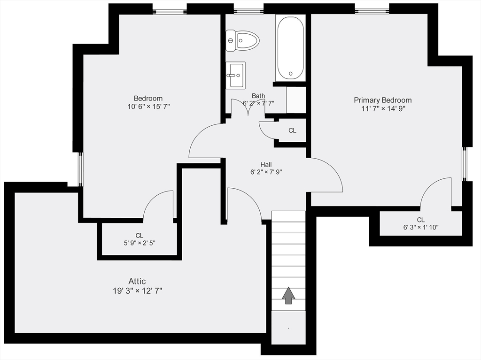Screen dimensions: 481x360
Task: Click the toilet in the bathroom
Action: click(243, 40)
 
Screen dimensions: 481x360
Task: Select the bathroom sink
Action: click(236, 76)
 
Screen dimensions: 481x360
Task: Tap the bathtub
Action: click(290, 48)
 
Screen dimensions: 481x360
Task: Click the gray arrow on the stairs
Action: click(288, 296)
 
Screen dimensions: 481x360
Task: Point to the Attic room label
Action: click(137, 281)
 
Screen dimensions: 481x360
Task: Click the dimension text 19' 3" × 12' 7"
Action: click(138, 291)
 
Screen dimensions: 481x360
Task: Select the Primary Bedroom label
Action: click(382, 100)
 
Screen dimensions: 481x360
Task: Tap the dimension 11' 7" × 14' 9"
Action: click(383, 108)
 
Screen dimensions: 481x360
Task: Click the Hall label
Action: click(266, 165)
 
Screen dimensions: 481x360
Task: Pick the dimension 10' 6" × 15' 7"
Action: click(148, 107)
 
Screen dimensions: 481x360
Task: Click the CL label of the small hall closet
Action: click(292, 130)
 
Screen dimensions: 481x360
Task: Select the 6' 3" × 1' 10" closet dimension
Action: click(420, 228)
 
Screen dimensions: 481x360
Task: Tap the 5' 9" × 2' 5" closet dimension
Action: click(140, 243)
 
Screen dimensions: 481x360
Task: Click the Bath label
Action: click(258, 96)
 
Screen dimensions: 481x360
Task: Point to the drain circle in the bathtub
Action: click(290, 74)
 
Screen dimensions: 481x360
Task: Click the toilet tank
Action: click(230, 40)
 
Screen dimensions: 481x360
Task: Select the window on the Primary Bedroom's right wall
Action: click(464, 164)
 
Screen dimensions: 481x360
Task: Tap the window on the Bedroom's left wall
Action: click(80, 169)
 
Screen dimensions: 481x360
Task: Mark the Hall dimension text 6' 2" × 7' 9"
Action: click(266, 172)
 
